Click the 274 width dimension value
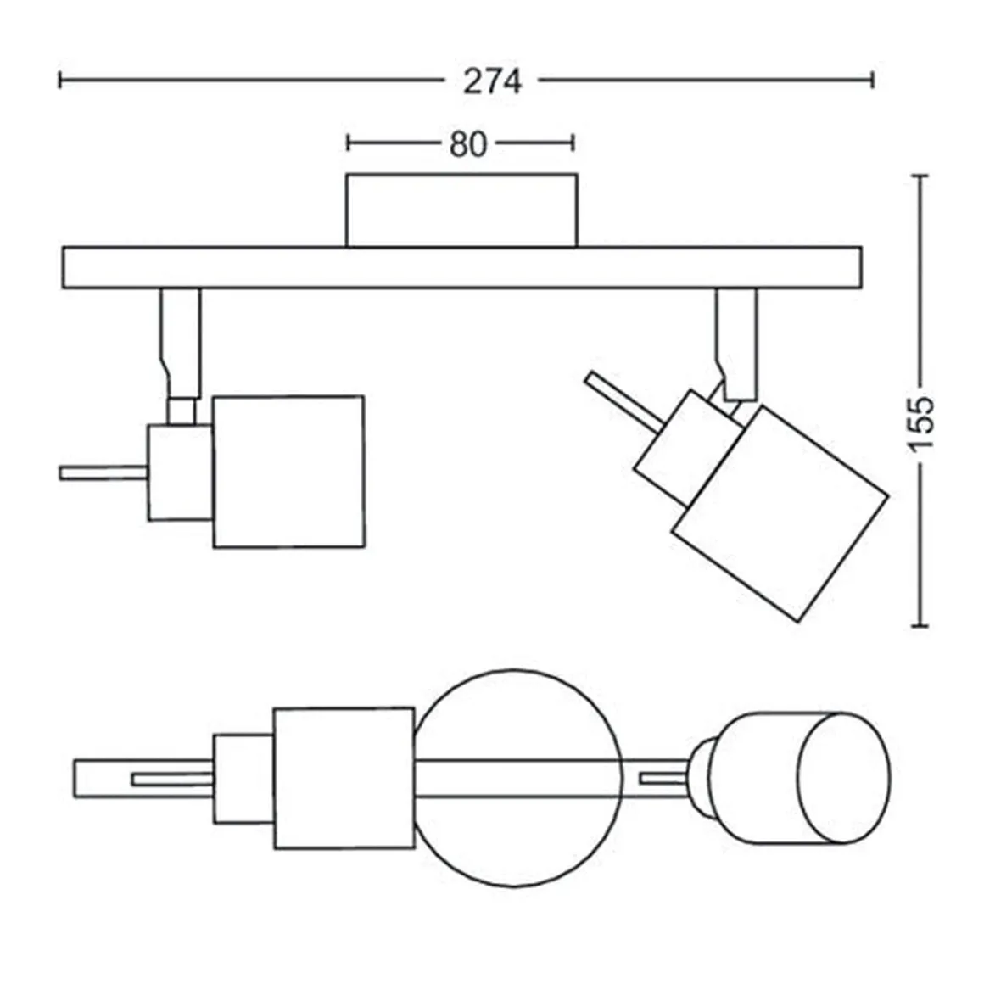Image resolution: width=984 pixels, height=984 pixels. (493, 81)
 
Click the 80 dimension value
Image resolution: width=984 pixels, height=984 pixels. (468, 144)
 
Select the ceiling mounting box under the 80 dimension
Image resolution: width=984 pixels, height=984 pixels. (461, 210)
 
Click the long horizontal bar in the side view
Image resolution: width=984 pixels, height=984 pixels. (461, 268)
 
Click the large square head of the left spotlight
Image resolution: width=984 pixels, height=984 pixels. (288, 472)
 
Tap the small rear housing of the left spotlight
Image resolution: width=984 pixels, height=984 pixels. (180, 472)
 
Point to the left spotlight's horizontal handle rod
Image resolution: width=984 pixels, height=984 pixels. (103, 473)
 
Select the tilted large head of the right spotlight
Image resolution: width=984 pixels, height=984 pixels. (780, 513)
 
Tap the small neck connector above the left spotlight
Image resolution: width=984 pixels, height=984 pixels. (182, 411)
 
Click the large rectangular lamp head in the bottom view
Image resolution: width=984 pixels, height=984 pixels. (344, 778)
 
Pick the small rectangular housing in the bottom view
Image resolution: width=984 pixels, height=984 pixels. (243, 778)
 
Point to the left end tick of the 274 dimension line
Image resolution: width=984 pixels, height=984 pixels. (59, 81)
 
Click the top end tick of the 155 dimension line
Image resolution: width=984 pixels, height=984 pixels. (920, 176)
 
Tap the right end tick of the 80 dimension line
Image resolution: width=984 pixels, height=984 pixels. (573, 143)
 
